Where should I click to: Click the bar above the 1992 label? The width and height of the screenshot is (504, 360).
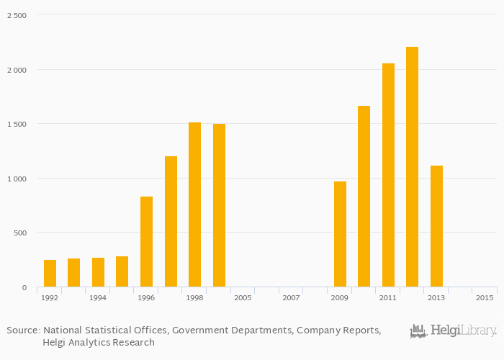coord(50,274)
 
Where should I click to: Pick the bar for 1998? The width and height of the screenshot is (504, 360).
coord(194,204)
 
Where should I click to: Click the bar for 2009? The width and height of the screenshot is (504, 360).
coord(340,234)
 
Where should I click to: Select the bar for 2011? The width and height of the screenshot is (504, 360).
coord(388,175)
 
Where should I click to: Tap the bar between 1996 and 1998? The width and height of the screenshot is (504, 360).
coord(171,222)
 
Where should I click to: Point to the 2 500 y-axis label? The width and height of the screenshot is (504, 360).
coord(17,15)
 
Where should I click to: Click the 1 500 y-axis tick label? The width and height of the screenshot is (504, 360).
coord(17,124)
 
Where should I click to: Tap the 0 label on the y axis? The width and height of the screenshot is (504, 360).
coord(24,287)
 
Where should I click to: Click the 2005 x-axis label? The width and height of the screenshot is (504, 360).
coord(243,297)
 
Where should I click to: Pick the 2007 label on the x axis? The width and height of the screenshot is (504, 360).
coord(291,297)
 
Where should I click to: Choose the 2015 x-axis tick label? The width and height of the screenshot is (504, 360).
coord(485,297)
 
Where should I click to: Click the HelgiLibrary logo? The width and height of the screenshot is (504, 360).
coord(453,331)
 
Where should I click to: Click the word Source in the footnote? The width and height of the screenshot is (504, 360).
coord(22,330)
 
